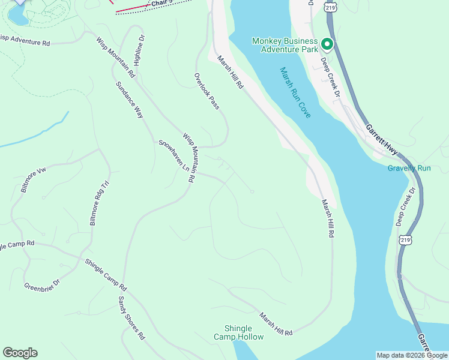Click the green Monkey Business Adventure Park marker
[x=327, y=44]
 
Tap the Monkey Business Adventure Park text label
[x=285, y=45]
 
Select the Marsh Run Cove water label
[x=295, y=92]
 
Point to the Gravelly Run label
[x=409, y=168]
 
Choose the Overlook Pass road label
[x=206, y=91]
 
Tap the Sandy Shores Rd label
[x=131, y=318]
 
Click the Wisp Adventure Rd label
[x=25, y=41]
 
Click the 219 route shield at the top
[x=328, y=7]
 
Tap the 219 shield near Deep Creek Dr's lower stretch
[x=406, y=239]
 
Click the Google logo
[x=20, y=353]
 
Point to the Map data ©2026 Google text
[x=412, y=355]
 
